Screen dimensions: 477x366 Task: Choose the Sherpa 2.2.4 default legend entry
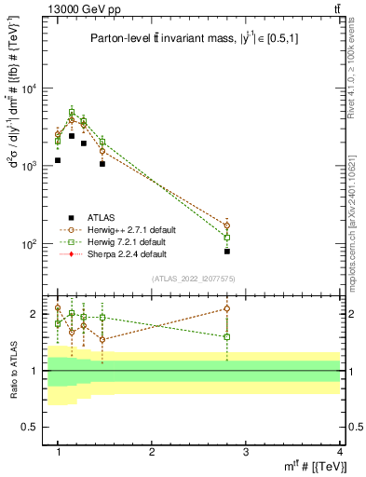(127, 253)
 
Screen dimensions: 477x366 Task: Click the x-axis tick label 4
(339, 452)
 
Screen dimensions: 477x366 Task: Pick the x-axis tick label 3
(245, 452)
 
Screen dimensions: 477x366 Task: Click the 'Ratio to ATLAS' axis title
(13, 371)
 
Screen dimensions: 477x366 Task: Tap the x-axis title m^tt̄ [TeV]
(306, 466)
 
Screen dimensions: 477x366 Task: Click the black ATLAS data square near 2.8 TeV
(227, 252)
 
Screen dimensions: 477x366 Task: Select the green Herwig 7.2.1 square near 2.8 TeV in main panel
(227, 238)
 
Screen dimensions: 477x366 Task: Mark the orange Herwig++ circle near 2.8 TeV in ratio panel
(227, 308)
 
